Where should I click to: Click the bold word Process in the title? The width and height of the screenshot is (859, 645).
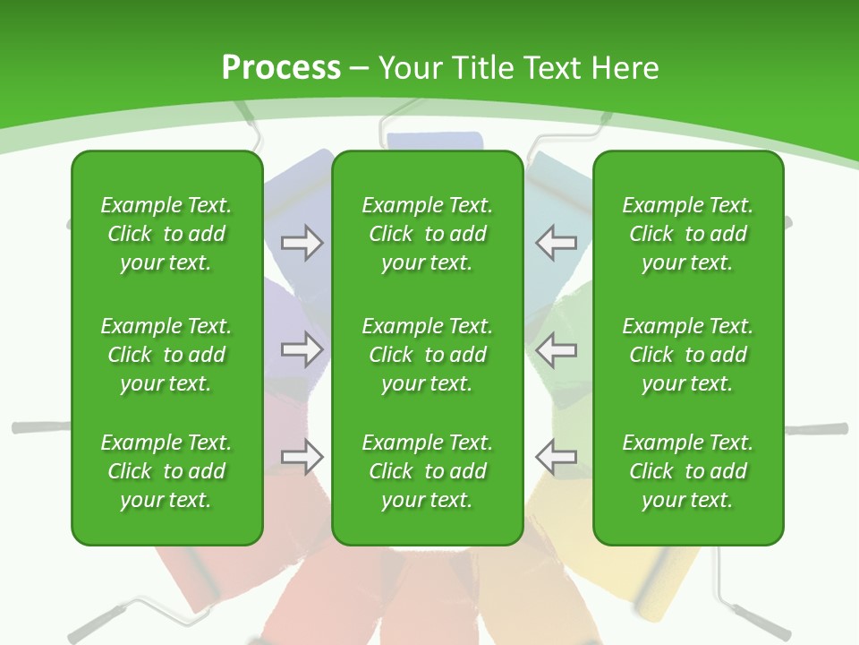coord(281,67)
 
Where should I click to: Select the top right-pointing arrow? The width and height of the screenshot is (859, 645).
coord(302,243)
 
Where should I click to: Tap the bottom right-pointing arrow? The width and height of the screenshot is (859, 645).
coord(302,457)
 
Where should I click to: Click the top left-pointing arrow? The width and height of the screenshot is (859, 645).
coord(556,243)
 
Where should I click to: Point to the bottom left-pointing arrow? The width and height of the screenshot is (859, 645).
coord(556,457)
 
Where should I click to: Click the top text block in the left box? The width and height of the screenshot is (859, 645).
coord(166,234)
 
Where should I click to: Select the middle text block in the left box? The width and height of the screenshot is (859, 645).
coord(166,355)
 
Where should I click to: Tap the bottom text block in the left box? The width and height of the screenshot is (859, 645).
coord(166,471)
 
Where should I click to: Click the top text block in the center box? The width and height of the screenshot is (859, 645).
coord(427,234)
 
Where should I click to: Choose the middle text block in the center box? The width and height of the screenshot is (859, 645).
coord(427,355)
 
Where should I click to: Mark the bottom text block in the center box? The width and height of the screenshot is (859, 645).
coord(427,471)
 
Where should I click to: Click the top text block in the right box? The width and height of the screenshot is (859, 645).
coord(687,234)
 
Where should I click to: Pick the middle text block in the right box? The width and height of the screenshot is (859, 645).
coord(687,355)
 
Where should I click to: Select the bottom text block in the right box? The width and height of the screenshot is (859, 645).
coord(687,471)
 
